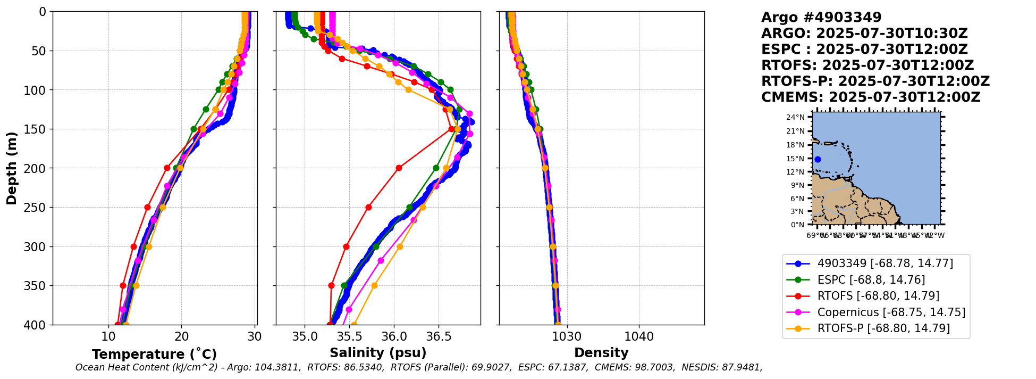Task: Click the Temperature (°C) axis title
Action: (x=154, y=355)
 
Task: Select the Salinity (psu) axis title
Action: (x=378, y=353)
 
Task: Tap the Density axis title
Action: (x=601, y=353)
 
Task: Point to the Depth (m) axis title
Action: (x=12, y=168)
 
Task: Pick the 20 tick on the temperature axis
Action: (x=181, y=336)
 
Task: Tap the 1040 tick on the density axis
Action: (x=638, y=336)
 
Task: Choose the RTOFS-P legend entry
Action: (x=883, y=328)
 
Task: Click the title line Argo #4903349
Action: (x=821, y=18)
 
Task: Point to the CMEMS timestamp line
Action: (x=871, y=97)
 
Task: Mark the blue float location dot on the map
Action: (x=818, y=159)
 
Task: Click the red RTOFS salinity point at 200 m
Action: (x=399, y=168)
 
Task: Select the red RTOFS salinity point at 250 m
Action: (x=368, y=207)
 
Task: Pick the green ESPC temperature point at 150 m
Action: (x=193, y=129)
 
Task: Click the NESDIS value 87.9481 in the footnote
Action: (x=742, y=367)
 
